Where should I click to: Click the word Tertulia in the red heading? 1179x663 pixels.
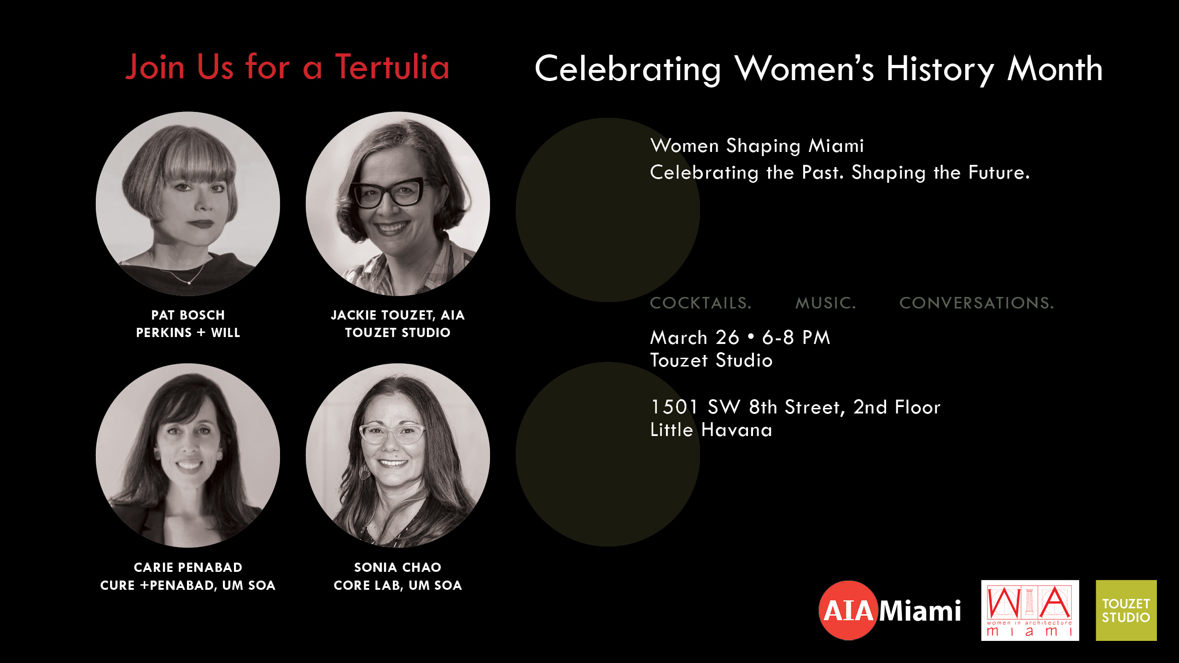[x=392, y=67]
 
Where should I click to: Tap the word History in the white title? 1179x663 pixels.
[x=940, y=69]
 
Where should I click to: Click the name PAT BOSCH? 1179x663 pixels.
[x=188, y=315]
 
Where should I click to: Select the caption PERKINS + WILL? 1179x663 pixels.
[x=188, y=332]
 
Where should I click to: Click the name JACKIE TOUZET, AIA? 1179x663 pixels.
[x=398, y=315]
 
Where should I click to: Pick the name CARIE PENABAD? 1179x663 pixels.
[x=188, y=567]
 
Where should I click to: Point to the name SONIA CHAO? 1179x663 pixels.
[x=398, y=567]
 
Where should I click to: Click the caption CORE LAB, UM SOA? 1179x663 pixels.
[x=398, y=585]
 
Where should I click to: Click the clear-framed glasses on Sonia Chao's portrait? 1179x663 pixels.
[x=391, y=434]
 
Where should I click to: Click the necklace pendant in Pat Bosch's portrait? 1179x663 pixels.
[x=189, y=282]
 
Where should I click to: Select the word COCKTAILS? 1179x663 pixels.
[x=700, y=303]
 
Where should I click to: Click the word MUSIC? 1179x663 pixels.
[x=825, y=303]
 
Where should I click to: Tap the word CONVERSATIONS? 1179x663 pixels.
[x=976, y=303]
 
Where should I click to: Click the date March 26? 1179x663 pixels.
[x=695, y=337]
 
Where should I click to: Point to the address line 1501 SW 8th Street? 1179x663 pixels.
[x=746, y=407]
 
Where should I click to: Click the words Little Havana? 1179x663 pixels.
[x=711, y=430]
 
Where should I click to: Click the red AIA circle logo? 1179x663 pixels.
[x=848, y=611]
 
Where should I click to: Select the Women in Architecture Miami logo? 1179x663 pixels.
[x=1030, y=611]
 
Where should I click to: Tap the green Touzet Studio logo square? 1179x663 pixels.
[x=1126, y=611]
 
